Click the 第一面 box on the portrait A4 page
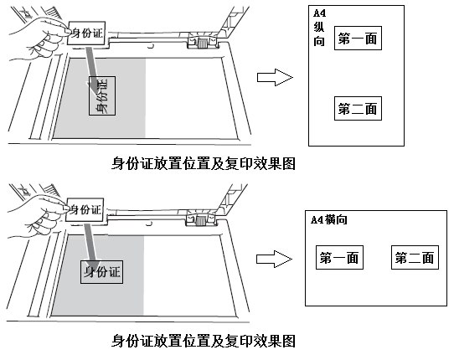pyautogui.click(x=358, y=39)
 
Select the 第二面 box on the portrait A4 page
pyautogui.click(x=358, y=109)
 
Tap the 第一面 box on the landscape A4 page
pyautogui.click(x=339, y=258)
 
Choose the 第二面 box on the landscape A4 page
pyautogui.click(x=415, y=258)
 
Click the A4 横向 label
pyautogui.click(x=329, y=220)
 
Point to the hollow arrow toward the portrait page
pyautogui.click(x=275, y=77)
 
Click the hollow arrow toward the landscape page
pyautogui.click(x=274, y=259)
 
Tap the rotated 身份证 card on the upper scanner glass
pyautogui.click(x=102, y=95)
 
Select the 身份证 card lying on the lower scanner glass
pyautogui.click(x=101, y=272)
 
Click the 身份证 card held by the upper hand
pyautogui.click(x=86, y=33)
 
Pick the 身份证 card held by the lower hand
pyautogui.click(x=85, y=210)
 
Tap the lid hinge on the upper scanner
pyautogui.click(x=203, y=40)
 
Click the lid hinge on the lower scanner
pyautogui.click(x=201, y=219)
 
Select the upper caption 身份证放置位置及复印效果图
pyautogui.click(x=204, y=164)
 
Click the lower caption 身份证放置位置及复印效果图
pyautogui.click(x=204, y=341)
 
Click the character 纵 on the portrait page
pyautogui.click(x=319, y=27)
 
